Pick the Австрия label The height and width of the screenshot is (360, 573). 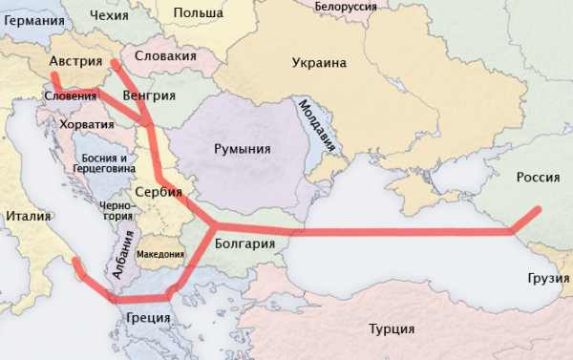point(74,61)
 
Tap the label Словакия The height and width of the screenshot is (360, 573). point(166,56)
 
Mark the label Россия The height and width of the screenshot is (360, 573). point(539,177)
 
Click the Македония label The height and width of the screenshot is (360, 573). point(160,255)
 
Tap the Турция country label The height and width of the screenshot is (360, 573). point(392,328)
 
